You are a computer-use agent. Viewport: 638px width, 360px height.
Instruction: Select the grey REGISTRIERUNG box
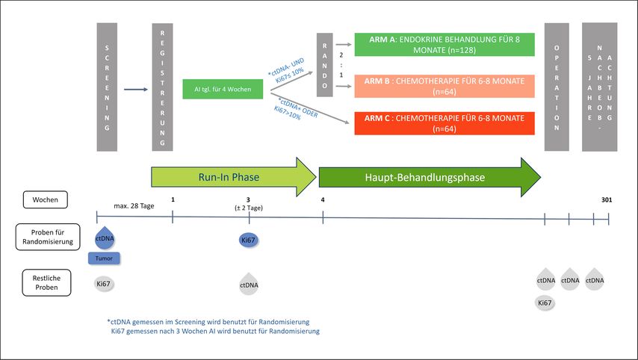pyautogui.click(x=163, y=86)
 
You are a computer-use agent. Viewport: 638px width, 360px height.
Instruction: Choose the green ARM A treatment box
pyautogui.click(x=444, y=44)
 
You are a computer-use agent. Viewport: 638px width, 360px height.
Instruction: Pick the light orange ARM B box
pyautogui.click(x=444, y=85)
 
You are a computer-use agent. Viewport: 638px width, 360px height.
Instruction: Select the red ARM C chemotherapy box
pyautogui.click(x=444, y=122)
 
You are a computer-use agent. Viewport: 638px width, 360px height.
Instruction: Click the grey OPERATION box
pyautogui.click(x=557, y=86)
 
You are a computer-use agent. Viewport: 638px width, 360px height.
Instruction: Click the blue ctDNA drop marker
pyautogui.click(x=103, y=239)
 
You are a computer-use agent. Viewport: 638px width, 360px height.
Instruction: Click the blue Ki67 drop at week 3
pyautogui.click(x=248, y=240)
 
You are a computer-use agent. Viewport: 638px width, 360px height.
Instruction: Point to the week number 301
pyautogui.click(x=607, y=199)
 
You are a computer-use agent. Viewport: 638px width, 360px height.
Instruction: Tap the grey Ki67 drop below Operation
pyautogui.click(x=545, y=302)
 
